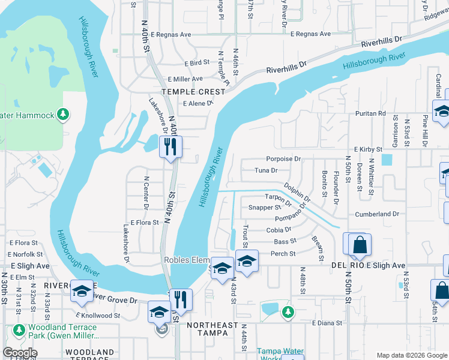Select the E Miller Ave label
click(x=185, y=79)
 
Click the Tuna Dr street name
click(x=265, y=170)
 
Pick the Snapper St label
click(x=265, y=208)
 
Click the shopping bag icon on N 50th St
click(x=360, y=245)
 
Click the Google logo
click(x=20, y=353)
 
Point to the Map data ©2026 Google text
click(x=411, y=355)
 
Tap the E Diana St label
click(x=327, y=323)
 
